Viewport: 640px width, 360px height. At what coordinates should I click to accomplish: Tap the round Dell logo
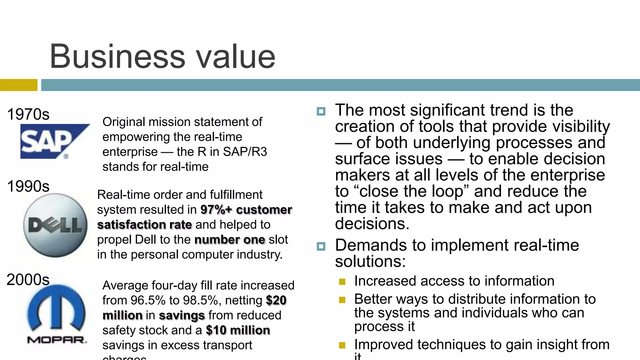click(56, 225)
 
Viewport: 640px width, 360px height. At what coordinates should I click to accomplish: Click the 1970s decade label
click(28, 114)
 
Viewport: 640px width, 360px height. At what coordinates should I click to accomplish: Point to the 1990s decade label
click(28, 186)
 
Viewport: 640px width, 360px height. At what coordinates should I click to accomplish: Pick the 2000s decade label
click(28, 279)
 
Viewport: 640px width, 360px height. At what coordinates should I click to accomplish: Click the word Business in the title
click(117, 57)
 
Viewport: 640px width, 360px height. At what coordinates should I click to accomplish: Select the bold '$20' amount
click(276, 300)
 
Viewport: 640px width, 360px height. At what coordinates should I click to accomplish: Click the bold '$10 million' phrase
click(238, 330)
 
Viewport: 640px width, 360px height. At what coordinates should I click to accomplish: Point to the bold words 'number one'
click(230, 240)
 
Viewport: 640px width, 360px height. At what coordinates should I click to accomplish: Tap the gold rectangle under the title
click(18, 85)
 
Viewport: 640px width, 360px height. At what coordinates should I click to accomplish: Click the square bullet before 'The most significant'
click(321, 111)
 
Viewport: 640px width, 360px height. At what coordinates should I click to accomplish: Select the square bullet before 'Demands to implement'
click(321, 246)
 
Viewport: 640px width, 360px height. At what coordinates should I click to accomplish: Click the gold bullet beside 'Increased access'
click(342, 282)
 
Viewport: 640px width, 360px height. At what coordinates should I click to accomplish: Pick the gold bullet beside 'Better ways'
click(342, 300)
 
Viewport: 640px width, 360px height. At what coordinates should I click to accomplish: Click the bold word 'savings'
click(182, 315)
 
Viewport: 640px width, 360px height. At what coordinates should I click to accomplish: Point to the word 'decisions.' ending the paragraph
click(372, 224)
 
